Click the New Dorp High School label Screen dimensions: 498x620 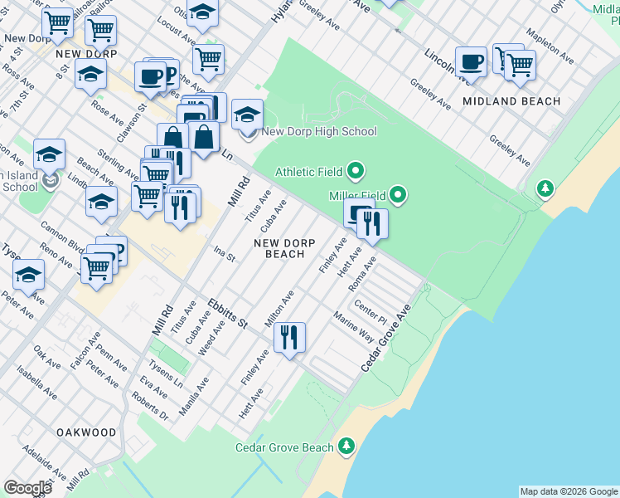(319, 131)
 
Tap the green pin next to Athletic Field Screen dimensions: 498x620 (356, 172)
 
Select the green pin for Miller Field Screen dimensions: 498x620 (399, 196)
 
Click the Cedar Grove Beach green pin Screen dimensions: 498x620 (346, 447)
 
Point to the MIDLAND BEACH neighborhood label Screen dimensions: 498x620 (511, 101)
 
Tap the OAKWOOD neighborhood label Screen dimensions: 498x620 (86, 432)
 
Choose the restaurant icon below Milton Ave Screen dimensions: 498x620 (289, 337)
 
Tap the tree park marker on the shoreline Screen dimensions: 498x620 (545, 189)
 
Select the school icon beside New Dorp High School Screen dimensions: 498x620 (247, 115)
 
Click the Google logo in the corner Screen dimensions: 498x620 (27, 488)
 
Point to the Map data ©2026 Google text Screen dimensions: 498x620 (569, 491)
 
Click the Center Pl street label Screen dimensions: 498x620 (371, 312)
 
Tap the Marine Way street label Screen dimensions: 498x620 (354, 328)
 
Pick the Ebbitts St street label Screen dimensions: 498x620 (228, 312)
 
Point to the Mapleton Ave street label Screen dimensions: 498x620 (552, 48)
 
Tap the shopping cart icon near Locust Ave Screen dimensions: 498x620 (208, 58)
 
